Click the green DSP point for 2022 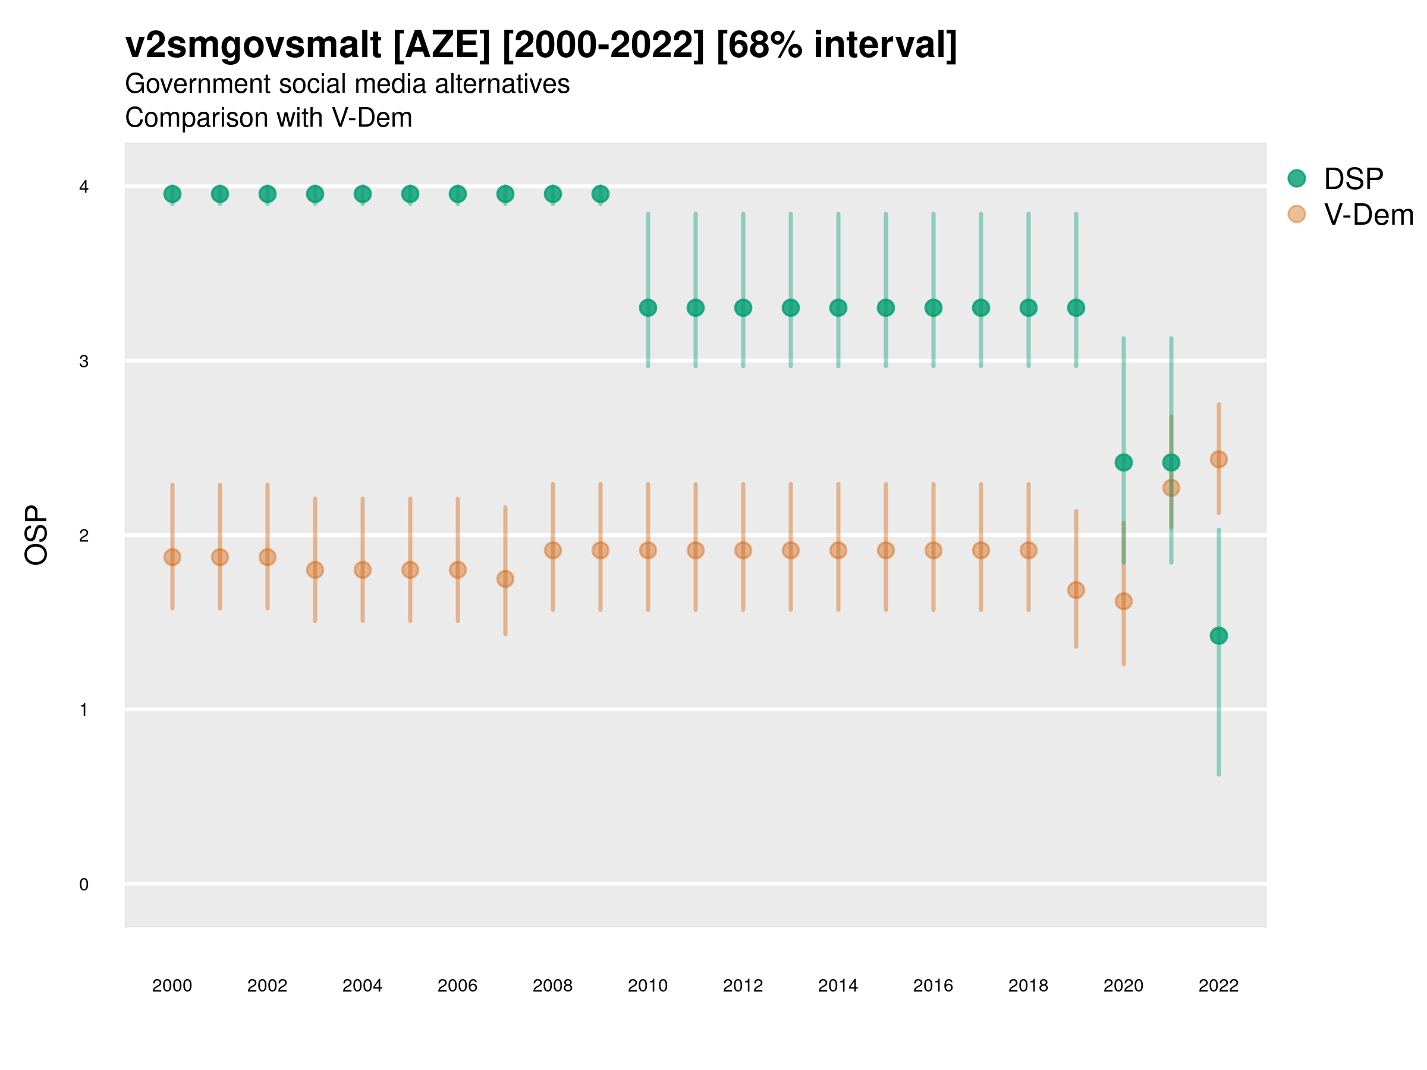pos(1219,636)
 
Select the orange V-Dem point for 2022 pos(1219,460)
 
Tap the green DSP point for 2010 pos(648,308)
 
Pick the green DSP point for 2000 pos(172,193)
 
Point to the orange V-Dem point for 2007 pos(505,579)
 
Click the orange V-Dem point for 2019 pos(1076,590)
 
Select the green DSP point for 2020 pos(1123,462)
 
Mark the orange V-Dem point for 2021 pos(1171,487)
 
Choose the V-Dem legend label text pos(1368,215)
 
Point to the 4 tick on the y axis pos(84,187)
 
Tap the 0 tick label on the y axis pos(84,885)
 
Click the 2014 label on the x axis pos(838,986)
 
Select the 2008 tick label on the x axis pos(553,986)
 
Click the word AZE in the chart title pos(442,45)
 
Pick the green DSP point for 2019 pos(1076,308)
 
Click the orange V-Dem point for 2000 pos(172,557)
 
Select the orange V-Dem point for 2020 pos(1123,601)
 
